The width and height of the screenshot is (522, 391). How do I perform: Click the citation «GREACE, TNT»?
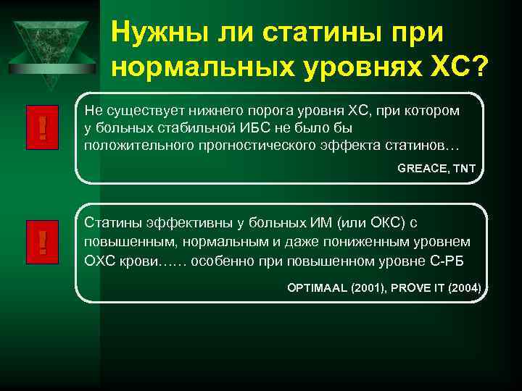coord(436,169)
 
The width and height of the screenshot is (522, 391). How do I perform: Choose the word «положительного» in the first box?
coord(130,146)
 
